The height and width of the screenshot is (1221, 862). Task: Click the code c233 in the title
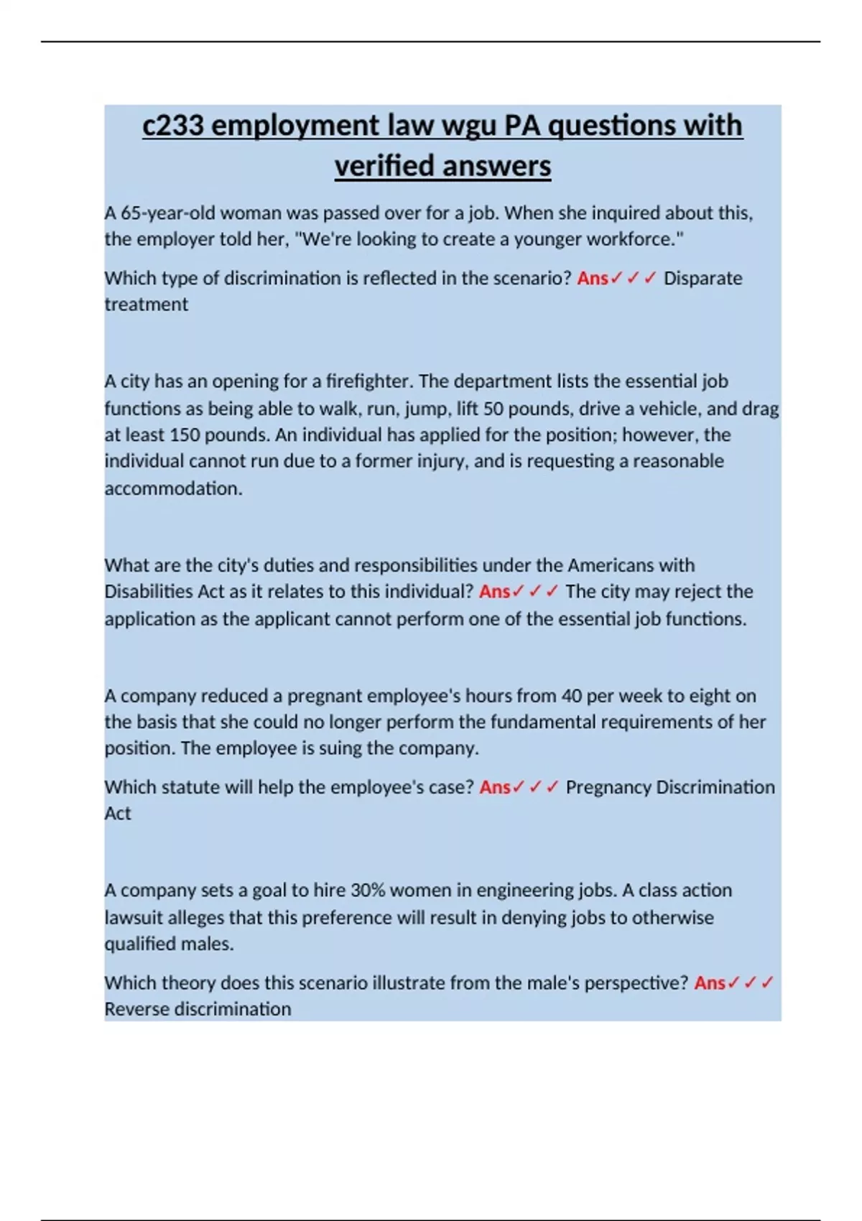(173, 126)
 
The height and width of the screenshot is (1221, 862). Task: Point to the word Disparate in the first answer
(703, 278)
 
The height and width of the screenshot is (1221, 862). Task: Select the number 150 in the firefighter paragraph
(185, 435)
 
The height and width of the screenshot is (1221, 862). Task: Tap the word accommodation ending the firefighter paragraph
(172, 488)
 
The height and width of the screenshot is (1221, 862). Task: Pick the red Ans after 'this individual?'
(494, 592)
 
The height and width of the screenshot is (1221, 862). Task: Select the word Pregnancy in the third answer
(608, 787)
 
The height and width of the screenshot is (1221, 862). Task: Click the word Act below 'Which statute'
(118, 814)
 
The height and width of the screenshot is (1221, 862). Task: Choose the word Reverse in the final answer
(137, 1009)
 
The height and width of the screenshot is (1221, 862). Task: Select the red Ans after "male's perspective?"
(710, 983)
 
